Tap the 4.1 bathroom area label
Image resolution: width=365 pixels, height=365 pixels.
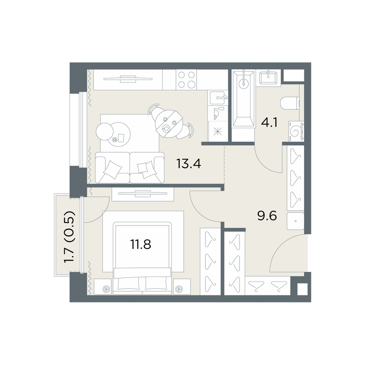269,122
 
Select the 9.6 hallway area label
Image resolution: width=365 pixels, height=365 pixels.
267,216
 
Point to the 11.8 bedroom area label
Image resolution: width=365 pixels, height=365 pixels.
141,245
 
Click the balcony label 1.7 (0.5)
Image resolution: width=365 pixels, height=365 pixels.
69,237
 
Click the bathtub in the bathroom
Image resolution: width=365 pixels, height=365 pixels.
243,99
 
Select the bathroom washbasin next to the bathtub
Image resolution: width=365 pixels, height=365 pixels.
268,77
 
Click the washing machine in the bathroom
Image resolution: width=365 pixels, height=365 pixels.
296,131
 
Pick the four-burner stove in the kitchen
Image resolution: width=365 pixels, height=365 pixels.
187,80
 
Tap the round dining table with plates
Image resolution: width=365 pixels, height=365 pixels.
169,124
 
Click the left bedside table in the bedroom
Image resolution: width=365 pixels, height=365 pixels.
103,287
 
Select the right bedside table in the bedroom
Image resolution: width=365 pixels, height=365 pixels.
182,287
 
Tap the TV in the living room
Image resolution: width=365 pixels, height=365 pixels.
128,79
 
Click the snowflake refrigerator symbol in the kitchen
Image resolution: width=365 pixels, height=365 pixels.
218,132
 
